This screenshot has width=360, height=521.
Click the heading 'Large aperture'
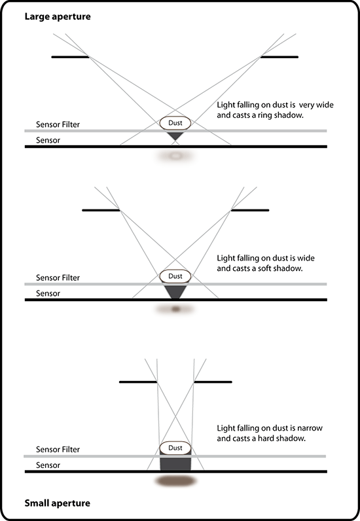pos(58,16)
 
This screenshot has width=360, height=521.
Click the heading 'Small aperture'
pos(57,503)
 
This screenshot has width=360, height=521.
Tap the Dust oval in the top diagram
pos(175,123)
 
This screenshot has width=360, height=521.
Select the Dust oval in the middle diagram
pos(175,276)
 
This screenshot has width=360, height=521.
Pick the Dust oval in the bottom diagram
pos(175,448)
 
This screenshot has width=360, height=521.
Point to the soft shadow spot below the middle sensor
pos(175,310)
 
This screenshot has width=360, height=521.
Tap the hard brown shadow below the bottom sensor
pos(176,481)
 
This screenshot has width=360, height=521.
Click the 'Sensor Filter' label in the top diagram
pos(58,124)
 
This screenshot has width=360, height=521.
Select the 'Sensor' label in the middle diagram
pos(48,293)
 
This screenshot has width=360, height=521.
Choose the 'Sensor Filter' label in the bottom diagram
pos(58,450)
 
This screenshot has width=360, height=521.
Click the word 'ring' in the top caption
pos(266,116)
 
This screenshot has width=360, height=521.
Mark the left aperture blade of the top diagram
pos(70,57)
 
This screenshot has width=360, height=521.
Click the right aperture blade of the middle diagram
pos(249,210)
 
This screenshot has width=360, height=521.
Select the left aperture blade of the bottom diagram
pos(138,382)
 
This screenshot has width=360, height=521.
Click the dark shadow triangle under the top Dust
pos(175,135)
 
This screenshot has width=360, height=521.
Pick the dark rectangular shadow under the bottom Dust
pos(175,463)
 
